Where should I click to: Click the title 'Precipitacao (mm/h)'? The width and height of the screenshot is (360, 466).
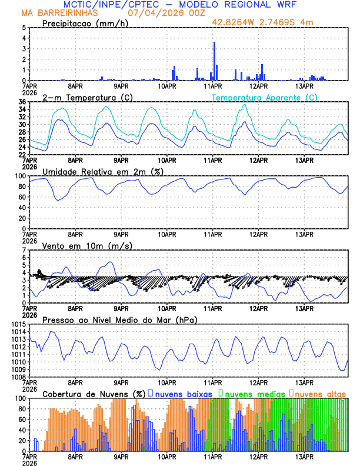84,23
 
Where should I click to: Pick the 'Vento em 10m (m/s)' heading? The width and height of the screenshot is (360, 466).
87,245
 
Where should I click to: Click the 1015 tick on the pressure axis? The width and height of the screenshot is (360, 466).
18,324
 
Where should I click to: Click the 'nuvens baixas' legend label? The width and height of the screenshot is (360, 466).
185,394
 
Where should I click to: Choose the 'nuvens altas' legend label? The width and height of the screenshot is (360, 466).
320,394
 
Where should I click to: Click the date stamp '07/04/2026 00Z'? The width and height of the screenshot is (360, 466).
160,13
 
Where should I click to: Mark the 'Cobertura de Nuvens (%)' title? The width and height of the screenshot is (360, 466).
94,394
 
